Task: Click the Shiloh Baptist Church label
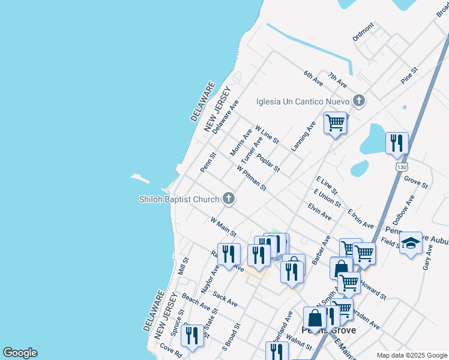coord(179,199)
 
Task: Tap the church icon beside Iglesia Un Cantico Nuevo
coord(359,100)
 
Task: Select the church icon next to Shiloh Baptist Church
coord(228,199)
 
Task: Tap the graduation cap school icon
coord(411,243)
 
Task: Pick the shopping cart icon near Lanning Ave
coord(335,123)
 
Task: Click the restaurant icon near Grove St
coord(397,143)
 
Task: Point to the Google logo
coord(20,353)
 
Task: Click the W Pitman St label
coord(252,179)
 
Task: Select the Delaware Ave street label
coord(225,116)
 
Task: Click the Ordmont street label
coord(363,31)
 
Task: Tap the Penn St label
coord(208,161)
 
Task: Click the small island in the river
coord(140,178)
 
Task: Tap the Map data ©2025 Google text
coord(412,355)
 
